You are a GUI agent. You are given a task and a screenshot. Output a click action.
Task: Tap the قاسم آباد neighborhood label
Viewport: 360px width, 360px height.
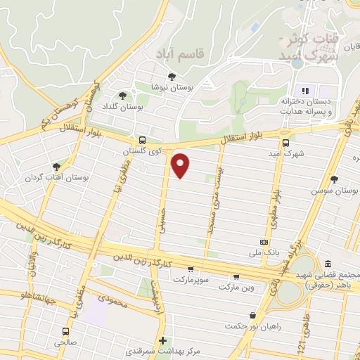click(x=171, y=53)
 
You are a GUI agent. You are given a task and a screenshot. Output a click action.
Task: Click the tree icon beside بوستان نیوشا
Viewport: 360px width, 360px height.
click(x=172, y=77)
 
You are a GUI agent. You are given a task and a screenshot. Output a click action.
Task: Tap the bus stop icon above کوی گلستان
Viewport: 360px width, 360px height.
click(x=143, y=139)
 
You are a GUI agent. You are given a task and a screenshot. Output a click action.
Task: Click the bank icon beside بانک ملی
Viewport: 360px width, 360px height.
click(x=264, y=240)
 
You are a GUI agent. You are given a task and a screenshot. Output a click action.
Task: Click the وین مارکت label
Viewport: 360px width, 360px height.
click(x=239, y=288)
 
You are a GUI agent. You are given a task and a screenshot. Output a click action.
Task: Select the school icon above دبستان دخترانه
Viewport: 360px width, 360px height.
click(x=304, y=90)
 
